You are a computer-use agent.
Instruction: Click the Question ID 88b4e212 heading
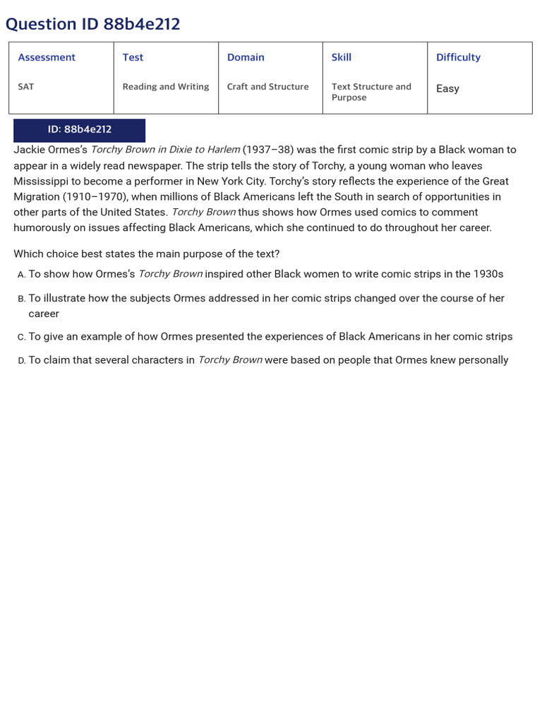92,24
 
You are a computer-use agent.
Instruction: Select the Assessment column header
47,57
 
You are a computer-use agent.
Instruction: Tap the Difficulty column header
458,57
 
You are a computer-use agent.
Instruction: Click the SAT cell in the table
26,87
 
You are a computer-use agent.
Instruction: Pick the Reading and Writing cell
166,87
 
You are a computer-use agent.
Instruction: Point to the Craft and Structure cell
267,87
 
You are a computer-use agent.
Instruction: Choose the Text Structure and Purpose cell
371,92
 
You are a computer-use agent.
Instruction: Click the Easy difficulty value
447,88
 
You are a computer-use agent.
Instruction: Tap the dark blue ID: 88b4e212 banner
79,130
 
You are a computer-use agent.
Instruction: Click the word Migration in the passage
37,196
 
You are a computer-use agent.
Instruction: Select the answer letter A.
21,275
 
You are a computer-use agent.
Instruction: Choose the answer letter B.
21,299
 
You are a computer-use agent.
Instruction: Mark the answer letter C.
21,337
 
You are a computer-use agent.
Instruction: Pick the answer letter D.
21,361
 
